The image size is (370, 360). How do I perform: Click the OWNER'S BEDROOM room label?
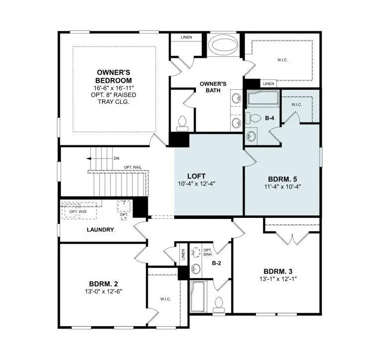114,76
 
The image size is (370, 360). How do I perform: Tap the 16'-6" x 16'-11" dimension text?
114,88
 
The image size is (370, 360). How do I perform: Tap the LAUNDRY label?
100,230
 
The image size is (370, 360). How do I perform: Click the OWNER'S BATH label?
213,87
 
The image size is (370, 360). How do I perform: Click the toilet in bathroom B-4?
253,118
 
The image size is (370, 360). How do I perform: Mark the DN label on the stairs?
117,158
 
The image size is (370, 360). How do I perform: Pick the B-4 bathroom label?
270,118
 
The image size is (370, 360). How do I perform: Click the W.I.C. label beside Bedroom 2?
165,299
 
